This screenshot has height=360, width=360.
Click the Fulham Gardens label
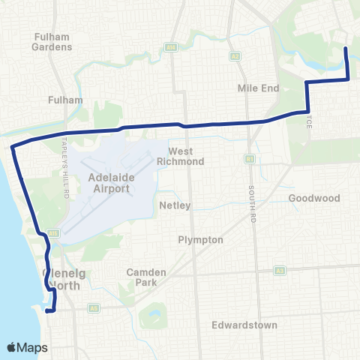pyautogui.click(x=52, y=40)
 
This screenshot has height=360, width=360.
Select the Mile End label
pyautogui.click(x=258, y=88)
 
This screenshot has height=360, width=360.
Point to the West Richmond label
pyautogui.click(x=181, y=156)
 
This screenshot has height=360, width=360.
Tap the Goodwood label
pyautogui.click(x=314, y=199)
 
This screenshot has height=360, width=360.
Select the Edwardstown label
pyautogui.click(x=244, y=325)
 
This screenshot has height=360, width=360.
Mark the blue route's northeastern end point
pyautogui.click(x=345, y=49)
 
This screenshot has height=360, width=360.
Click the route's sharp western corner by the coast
pyautogui.click(x=12, y=147)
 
